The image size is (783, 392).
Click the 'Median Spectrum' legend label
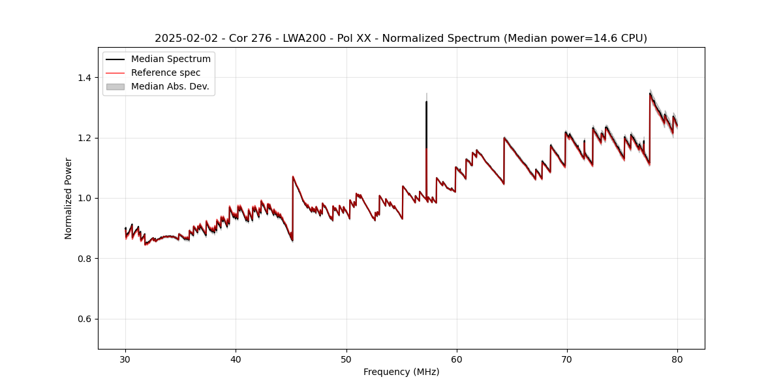(170, 59)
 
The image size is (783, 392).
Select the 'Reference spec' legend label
(166, 73)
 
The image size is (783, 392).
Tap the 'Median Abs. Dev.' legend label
(170, 86)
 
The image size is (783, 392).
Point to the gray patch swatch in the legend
(115, 86)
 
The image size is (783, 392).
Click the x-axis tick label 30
(126, 359)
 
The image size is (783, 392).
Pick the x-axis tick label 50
(346, 359)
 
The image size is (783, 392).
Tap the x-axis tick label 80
(677, 359)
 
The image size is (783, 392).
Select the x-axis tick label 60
(457, 359)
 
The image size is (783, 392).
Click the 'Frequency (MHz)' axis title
(401, 372)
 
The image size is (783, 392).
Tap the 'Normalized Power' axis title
(69, 198)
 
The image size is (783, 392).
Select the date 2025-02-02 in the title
(183, 39)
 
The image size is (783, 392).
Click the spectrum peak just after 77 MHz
(650, 93)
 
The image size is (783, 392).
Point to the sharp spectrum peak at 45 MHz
(293, 176)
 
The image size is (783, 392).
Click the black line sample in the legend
(115, 59)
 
